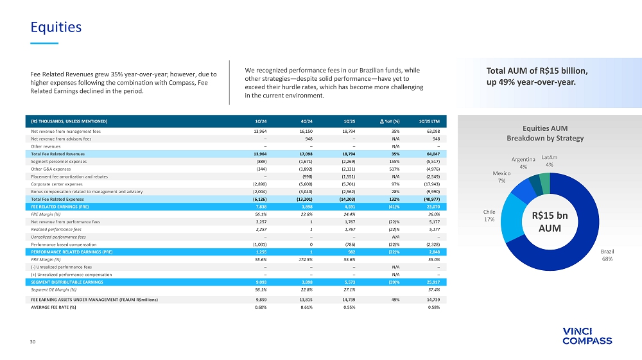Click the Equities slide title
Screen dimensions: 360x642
coord(56,27)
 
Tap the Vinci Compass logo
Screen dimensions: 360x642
coord(587,336)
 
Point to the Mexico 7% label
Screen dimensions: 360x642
coord(501,177)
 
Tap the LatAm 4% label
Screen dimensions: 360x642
coord(550,160)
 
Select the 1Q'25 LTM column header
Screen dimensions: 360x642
coord(429,121)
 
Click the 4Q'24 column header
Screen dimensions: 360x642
coord(306,121)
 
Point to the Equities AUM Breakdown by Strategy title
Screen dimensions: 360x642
coord(544,133)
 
